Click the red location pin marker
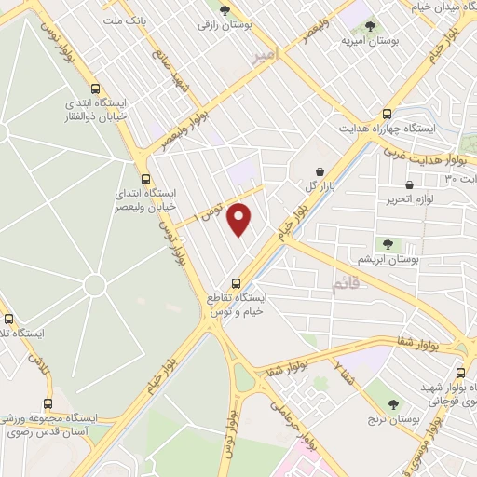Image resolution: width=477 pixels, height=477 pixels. [240, 219]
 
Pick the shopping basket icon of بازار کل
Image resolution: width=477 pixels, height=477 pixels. [320, 171]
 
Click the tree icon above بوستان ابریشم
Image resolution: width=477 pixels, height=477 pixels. [388, 244]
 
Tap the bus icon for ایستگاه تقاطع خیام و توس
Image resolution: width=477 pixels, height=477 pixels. [235, 282]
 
